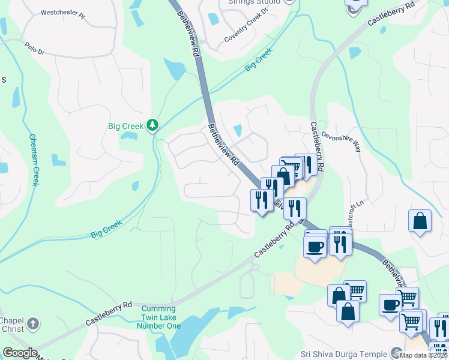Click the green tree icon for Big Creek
point(153,125)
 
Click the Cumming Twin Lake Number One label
point(159,317)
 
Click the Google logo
point(20,353)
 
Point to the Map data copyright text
point(424,355)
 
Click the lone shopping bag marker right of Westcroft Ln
point(420,220)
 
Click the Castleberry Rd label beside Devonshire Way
point(317,146)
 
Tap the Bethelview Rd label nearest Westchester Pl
point(188,36)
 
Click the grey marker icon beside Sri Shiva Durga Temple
point(396,353)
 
